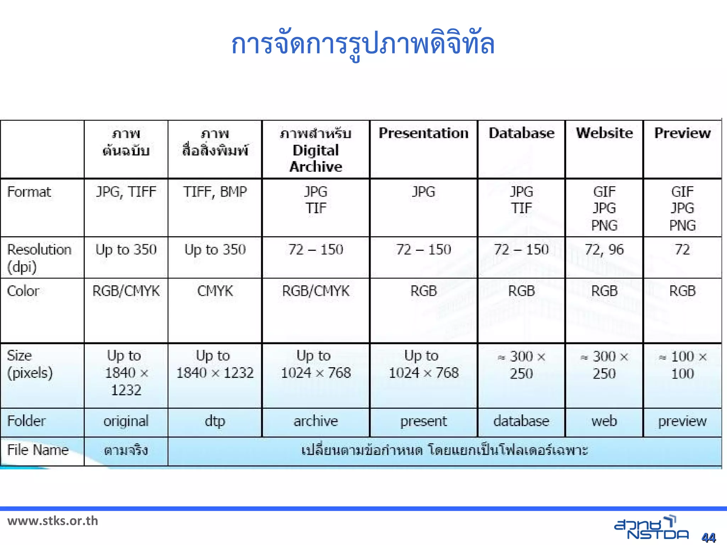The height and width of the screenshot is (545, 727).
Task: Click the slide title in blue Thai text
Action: [363, 45]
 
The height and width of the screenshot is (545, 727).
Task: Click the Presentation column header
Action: [423, 133]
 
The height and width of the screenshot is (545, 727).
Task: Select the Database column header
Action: [521, 133]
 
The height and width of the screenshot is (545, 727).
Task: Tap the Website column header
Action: [604, 133]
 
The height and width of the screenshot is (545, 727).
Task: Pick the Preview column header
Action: [682, 133]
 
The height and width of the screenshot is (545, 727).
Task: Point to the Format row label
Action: [29, 192]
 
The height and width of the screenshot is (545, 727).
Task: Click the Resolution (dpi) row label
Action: [39, 258]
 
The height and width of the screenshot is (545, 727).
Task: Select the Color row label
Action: [23, 291]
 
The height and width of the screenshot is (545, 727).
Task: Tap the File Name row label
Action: [38, 450]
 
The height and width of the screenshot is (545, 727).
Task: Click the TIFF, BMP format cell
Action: [215, 192]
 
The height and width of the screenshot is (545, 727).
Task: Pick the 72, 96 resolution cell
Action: [604, 249]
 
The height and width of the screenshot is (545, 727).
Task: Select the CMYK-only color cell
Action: [215, 291]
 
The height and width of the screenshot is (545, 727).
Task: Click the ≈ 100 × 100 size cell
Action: [682, 365]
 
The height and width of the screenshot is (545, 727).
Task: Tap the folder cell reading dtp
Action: [215, 421]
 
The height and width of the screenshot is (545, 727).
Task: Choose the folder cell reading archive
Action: [316, 421]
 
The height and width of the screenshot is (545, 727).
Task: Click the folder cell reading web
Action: [604, 421]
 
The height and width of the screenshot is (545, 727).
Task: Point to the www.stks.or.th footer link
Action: [53, 521]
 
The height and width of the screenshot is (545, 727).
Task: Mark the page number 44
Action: [709, 538]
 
